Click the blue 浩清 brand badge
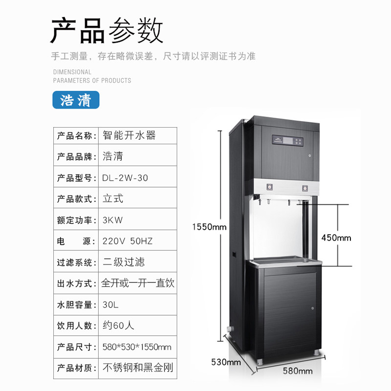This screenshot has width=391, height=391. click(x=76, y=100)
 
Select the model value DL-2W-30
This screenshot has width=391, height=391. click(x=125, y=178)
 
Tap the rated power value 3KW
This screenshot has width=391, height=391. click(x=112, y=220)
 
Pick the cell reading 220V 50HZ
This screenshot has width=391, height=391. click(x=128, y=241)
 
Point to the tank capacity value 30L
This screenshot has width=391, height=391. click(x=110, y=304)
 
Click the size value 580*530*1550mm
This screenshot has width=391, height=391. click(x=137, y=347)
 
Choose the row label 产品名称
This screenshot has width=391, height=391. click(x=75, y=136)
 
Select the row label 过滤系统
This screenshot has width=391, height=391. click(x=75, y=262)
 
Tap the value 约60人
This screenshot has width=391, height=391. click(x=118, y=326)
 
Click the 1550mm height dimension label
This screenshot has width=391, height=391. click(x=209, y=227)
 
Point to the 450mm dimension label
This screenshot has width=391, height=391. click(x=336, y=238)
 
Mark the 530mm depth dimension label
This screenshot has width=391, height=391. click(x=226, y=362)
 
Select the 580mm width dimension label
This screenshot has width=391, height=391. click(x=298, y=371)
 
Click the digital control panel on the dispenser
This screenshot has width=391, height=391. click(x=287, y=141)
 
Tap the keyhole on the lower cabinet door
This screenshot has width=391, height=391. click(x=312, y=308)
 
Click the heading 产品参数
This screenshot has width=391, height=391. click(x=107, y=31)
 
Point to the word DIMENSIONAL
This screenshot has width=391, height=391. click(x=72, y=72)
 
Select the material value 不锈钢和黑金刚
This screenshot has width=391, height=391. click(x=138, y=368)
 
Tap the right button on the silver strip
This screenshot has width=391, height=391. click(x=304, y=188)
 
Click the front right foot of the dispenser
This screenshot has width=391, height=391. click(x=316, y=352)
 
